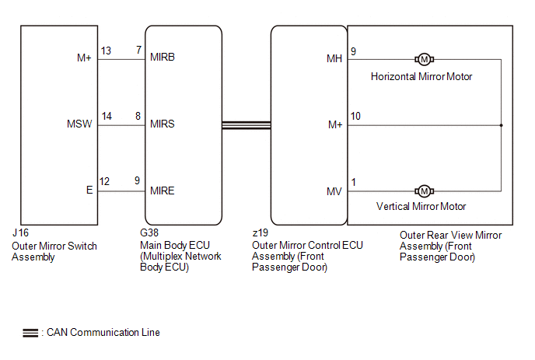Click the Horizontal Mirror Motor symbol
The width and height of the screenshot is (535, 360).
[424, 60]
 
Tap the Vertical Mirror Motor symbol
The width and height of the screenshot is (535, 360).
[424, 190]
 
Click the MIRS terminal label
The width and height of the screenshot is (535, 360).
[163, 124]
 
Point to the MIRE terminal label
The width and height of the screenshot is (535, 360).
[163, 190]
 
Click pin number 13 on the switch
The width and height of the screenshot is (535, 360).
[107, 51]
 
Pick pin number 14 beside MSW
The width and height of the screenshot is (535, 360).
[107, 117]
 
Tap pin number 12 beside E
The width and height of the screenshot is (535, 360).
[105, 182]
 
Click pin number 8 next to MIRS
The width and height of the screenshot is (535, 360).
[138, 117]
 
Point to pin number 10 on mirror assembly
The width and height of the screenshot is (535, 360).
[356, 117]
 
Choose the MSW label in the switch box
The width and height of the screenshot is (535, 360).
[79, 124]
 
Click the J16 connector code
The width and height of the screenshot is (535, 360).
[19, 234]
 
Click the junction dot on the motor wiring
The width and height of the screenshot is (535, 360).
[502, 124]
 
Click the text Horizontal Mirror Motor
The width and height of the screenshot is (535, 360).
[421, 76]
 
